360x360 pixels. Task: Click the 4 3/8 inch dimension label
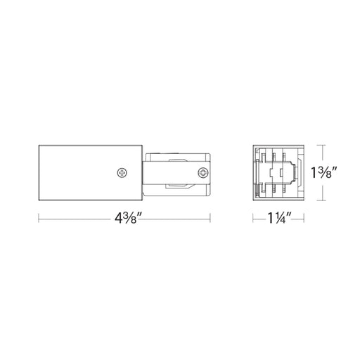pyautogui.click(x=125, y=219)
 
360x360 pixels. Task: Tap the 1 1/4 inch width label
pyautogui.click(x=278, y=219)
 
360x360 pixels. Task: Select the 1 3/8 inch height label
pyautogui.click(x=324, y=172)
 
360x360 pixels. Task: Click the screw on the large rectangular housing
pyautogui.click(x=122, y=173)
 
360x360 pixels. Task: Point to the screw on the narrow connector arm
pyautogui.click(x=203, y=173)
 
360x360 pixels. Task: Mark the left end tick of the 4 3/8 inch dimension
pyautogui.click(x=39, y=218)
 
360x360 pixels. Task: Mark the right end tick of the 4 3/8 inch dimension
pyautogui.click(x=210, y=218)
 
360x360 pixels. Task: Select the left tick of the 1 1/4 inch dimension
pyautogui.click(x=253, y=218)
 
